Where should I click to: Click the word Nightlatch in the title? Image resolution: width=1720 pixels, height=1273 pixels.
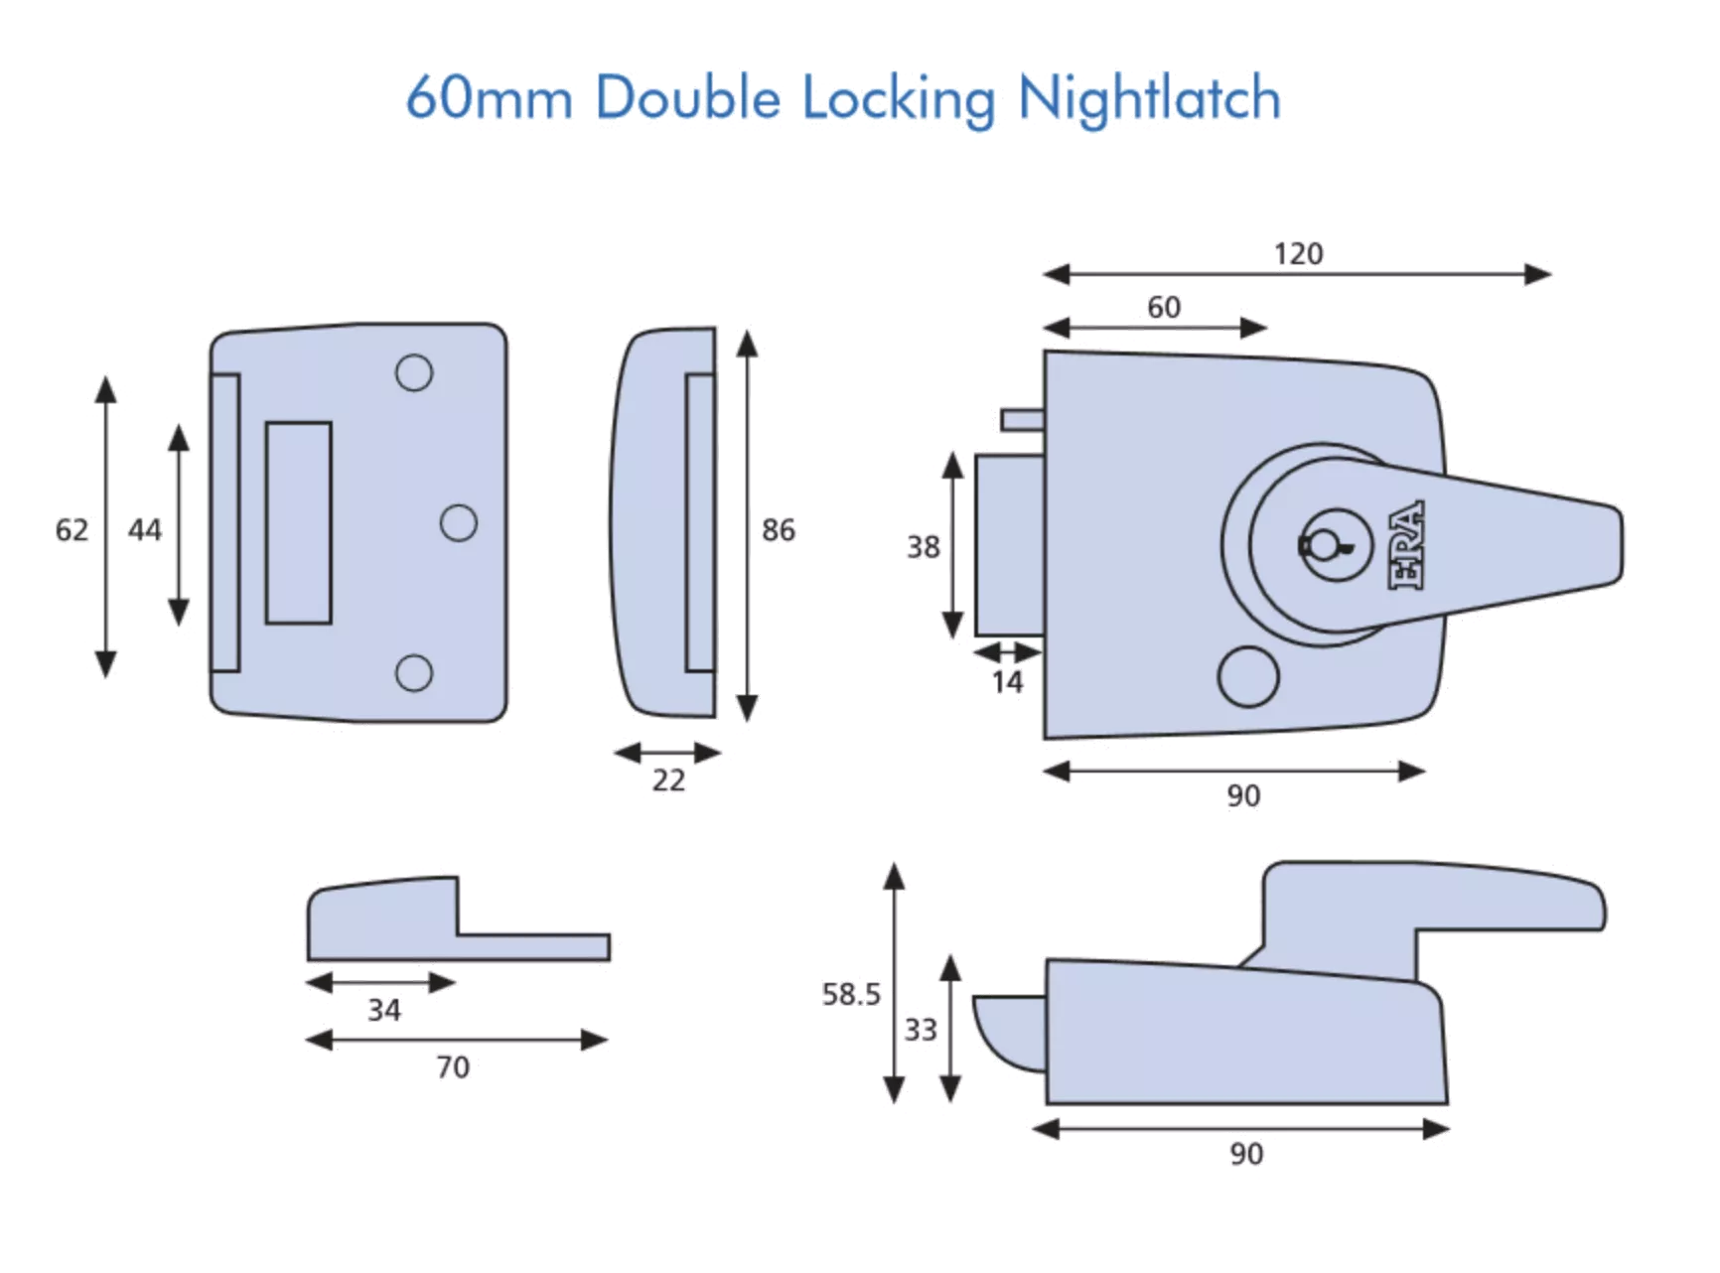[x=1149, y=99]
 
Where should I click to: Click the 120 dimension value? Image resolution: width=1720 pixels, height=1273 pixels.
[x=1298, y=254]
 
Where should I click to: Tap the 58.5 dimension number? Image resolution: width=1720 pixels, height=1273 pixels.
[x=851, y=994]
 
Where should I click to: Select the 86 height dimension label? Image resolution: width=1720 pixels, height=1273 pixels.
[x=779, y=530]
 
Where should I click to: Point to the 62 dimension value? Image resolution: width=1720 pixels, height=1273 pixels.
[x=72, y=530]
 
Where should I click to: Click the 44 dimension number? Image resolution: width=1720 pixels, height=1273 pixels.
[x=144, y=530]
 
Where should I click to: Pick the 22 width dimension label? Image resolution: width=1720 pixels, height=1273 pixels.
[x=668, y=780]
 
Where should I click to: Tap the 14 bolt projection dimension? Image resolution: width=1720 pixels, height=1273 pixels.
[x=1007, y=682]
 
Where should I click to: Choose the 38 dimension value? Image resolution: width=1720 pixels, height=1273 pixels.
[x=923, y=547]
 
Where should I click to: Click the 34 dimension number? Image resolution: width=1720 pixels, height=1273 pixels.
[x=384, y=1010]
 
